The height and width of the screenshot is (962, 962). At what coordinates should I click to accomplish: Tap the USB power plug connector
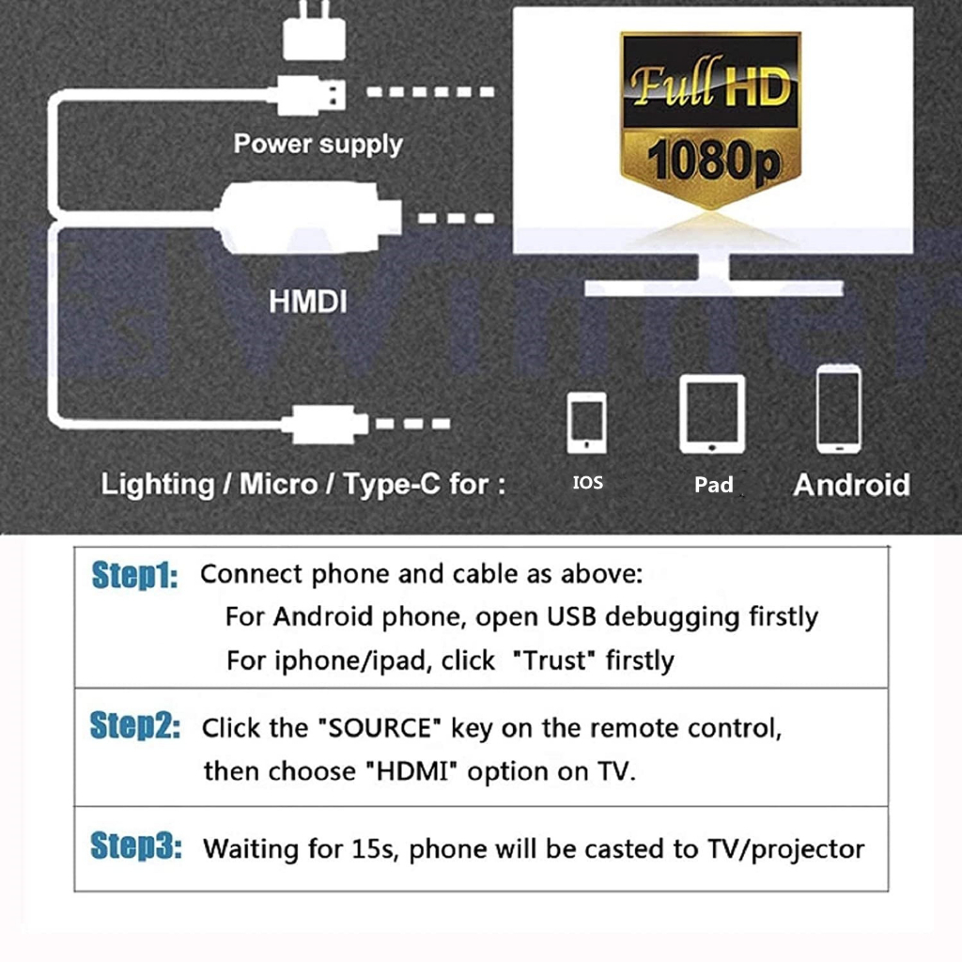tap(310, 95)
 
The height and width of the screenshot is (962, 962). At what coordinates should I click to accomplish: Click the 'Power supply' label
tap(318, 144)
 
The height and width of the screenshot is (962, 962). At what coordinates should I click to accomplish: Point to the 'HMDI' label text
tap(308, 302)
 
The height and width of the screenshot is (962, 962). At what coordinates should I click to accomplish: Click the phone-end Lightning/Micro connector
tap(325, 424)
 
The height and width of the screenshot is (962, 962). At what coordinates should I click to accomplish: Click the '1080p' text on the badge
tap(714, 160)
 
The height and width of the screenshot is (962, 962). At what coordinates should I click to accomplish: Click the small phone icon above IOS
tap(586, 423)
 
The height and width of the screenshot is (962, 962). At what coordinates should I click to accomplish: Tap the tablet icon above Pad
tap(712, 413)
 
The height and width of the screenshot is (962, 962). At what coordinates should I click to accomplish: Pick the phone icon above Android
tap(839, 410)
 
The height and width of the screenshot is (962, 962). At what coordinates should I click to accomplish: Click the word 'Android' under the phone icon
tap(851, 485)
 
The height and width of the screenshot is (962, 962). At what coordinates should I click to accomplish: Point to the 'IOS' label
tap(588, 483)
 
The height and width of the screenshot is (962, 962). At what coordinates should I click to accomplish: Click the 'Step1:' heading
tap(135, 576)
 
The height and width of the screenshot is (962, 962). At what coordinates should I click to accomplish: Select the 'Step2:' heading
tap(135, 726)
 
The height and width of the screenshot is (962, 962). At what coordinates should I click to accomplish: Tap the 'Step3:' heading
tap(135, 846)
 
